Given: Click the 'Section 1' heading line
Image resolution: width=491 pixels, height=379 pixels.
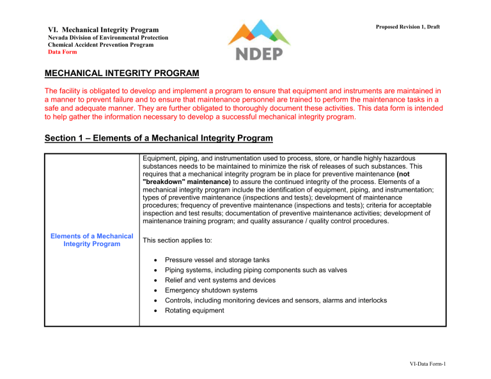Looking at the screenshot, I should pos(158,139).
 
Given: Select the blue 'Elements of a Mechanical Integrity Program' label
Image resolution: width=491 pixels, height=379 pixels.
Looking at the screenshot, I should pos(92,241).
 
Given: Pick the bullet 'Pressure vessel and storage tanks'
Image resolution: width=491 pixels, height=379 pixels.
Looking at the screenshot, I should pos(217,260).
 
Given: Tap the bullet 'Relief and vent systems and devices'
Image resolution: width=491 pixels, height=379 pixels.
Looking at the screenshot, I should pos(220,280).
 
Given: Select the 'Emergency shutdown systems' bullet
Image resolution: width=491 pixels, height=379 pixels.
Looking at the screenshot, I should pos(208,290).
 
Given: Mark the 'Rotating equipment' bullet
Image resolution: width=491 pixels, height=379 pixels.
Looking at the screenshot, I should pos(194,311).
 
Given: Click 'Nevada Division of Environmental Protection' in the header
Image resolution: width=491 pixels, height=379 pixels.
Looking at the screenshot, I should pos(109,38).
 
